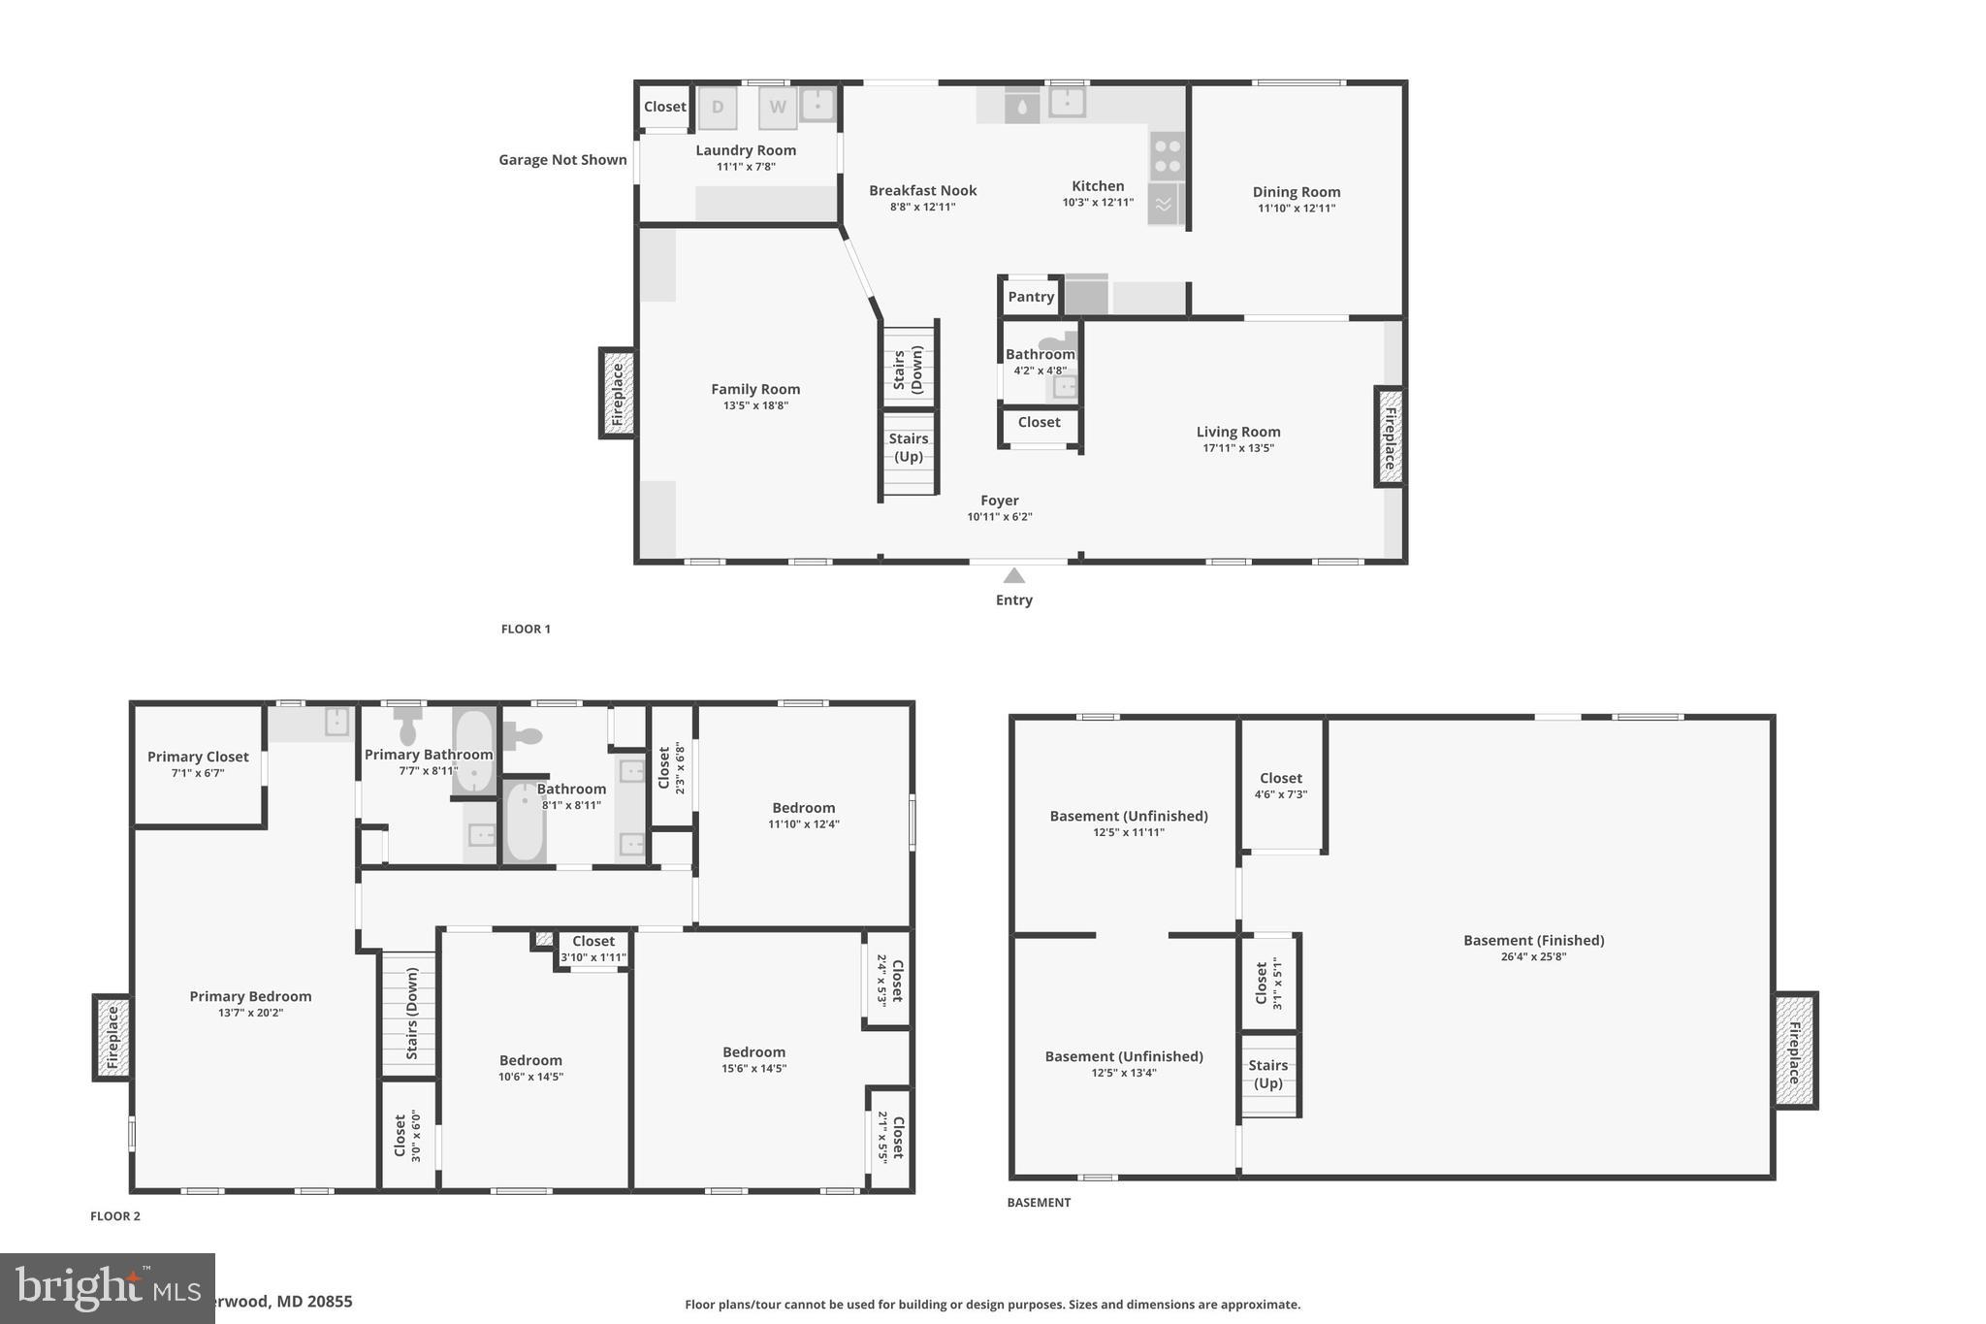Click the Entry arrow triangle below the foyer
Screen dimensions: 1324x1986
pos(1013,576)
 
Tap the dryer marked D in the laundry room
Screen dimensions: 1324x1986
pos(718,108)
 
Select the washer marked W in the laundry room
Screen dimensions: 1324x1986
pos(778,108)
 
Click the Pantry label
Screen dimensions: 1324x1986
pos(1031,297)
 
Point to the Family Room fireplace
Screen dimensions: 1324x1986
pos(617,394)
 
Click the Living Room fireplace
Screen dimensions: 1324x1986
pos(1390,437)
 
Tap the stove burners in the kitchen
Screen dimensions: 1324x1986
pos(1167,155)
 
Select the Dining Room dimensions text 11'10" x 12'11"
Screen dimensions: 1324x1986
pos(1297,209)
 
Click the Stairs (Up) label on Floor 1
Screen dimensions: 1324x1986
pos(909,447)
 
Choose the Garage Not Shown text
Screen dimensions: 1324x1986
pos(562,160)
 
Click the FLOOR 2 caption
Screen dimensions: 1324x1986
pos(115,1216)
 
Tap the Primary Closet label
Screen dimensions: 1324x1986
pos(198,757)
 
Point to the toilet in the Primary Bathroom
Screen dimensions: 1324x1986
pos(407,726)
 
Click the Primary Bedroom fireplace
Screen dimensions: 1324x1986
pos(112,1038)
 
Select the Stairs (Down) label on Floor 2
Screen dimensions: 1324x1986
pos(411,1013)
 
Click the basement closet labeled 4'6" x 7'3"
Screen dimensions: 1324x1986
pos(1281,786)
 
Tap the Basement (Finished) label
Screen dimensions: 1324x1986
pos(1533,940)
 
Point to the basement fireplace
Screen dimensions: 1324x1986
pos(1794,1051)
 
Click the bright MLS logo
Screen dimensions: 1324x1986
pos(107,1288)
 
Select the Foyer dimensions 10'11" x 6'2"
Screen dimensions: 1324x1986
pos(999,517)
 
